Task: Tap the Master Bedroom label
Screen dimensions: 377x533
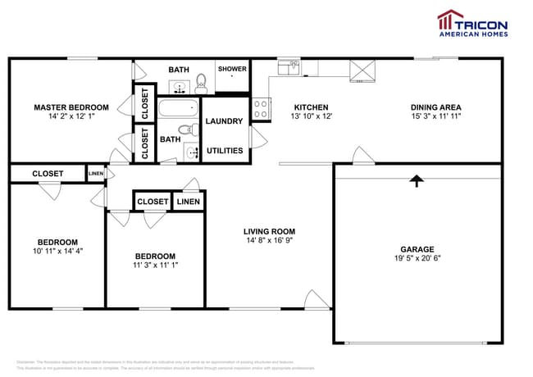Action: click(x=71, y=107)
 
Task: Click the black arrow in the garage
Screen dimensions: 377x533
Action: click(x=417, y=181)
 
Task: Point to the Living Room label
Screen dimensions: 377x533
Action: click(x=270, y=231)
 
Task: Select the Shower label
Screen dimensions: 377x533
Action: click(x=232, y=70)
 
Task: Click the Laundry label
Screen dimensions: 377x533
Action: click(x=224, y=121)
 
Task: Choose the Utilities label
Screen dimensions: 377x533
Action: click(x=224, y=152)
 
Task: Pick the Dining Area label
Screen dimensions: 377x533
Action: click(x=435, y=107)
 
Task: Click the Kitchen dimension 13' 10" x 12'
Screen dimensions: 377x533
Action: click(x=311, y=117)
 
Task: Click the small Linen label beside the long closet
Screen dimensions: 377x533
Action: click(x=96, y=174)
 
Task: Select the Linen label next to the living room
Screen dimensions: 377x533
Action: click(x=188, y=202)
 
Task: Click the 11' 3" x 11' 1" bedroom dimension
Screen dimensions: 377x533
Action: click(x=155, y=266)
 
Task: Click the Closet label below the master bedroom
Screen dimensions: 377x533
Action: click(x=47, y=174)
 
